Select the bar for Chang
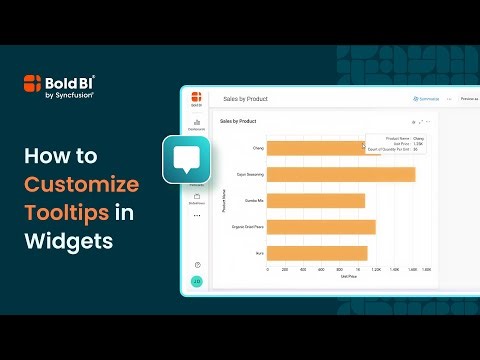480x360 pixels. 309,148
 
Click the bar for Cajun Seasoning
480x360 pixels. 340,175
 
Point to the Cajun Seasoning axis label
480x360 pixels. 248,175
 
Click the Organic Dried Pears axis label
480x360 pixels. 246,227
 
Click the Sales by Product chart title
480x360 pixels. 238,121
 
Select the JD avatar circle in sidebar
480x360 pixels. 197,281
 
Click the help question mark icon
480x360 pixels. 197,264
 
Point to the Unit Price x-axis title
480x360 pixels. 344,277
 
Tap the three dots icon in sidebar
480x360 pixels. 197,215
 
